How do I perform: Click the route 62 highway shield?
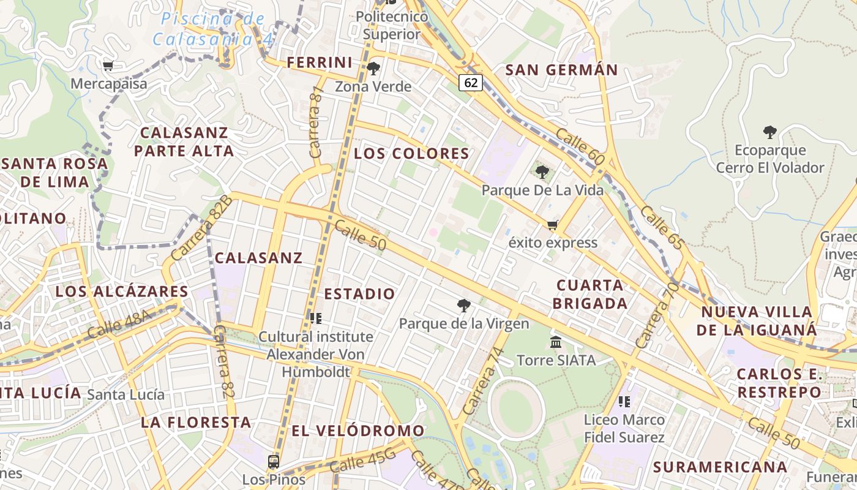pos(470,82)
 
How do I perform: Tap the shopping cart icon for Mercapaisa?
pos(108,66)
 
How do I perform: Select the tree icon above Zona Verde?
pos(373,68)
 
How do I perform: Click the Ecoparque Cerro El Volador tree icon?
pos(770,132)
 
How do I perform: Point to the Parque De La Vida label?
pos(542,190)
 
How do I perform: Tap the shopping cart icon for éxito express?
pos(553,225)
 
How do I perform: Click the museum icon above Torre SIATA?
pos(556,342)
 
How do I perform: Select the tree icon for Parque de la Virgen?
pos(464,305)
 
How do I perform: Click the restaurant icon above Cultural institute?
pos(316,318)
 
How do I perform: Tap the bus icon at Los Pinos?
pos(274,461)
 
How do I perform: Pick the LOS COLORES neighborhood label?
pos(411,153)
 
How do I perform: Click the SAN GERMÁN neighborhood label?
pos(561,70)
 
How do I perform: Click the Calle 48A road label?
pos(119,325)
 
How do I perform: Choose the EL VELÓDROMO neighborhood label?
pos(357,431)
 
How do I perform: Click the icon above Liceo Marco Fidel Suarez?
pos(624,402)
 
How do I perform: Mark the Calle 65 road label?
pos(662,228)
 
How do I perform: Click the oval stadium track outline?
pos(516,407)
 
